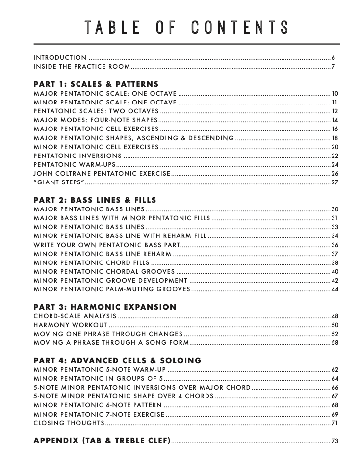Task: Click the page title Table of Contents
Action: point(186,27)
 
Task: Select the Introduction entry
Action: point(60,58)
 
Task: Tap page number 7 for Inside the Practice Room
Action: point(333,67)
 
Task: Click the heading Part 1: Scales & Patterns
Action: point(96,84)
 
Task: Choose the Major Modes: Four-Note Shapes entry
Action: point(96,120)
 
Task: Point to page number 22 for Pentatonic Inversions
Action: point(335,156)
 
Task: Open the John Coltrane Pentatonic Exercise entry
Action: point(102,174)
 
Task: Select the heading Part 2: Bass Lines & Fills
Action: point(95,200)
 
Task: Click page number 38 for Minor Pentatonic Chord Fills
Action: point(335,263)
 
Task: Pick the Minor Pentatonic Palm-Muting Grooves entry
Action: point(112,289)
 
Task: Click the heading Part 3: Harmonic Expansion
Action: point(104,307)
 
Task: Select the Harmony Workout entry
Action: point(70,325)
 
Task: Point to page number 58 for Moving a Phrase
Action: point(335,343)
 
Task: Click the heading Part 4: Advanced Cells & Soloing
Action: point(117,361)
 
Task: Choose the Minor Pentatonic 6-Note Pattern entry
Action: point(98,405)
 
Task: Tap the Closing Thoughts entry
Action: point(69,423)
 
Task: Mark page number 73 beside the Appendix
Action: point(335,441)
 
